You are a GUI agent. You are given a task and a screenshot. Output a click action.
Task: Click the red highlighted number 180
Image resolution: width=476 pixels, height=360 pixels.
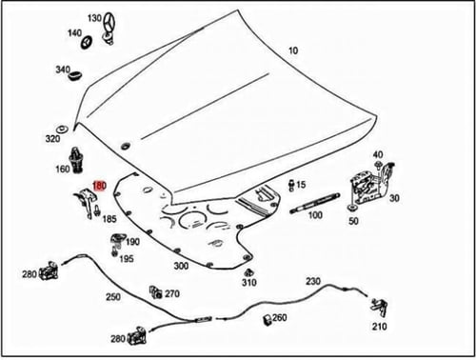pyautogui.click(x=99, y=186)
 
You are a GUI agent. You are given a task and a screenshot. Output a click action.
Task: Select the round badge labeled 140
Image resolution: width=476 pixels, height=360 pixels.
pyautogui.click(x=87, y=42)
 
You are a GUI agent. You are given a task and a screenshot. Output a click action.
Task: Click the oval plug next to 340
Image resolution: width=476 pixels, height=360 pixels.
pyautogui.click(x=75, y=75)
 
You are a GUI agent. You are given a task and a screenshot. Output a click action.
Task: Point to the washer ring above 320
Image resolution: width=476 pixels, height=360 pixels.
pyautogui.click(x=62, y=130)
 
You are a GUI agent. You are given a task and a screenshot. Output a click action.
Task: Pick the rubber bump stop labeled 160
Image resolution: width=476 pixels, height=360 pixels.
pyautogui.click(x=76, y=160)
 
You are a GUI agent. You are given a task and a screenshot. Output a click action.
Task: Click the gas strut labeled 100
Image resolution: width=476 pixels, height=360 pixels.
pyautogui.click(x=314, y=203)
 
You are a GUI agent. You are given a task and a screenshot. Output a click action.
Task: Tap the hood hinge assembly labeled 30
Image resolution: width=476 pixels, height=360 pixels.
pyautogui.click(x=372, y=185)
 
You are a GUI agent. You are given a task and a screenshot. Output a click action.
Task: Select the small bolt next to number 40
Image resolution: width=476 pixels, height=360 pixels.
pyautogui.click(x=378, y=165)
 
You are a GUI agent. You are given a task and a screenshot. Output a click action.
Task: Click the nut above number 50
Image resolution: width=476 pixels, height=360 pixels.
pyautogui.click(x=351, y=208)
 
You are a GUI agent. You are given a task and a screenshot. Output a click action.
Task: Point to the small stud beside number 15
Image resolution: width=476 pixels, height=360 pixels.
pyautogui.click(x=291, y=186)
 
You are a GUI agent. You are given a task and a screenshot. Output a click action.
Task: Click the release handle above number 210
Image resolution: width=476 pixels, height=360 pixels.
pyautogui.click(x=380, y=307)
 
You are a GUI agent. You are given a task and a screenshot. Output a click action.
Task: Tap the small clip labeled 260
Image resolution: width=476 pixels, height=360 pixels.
pyautogui.click(x=268, y=320)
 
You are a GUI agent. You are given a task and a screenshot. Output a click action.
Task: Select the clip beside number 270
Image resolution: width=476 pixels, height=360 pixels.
pyautogui.click(x=155, y=292)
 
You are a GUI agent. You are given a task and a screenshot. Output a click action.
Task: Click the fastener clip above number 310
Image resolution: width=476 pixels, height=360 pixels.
pyautogui.click(x=249, y=272)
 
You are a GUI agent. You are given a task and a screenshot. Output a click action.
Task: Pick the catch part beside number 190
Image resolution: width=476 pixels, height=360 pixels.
pyautogui.click(x=117, y=241)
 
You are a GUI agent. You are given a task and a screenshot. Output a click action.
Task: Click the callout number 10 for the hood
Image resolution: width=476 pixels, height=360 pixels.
pyautogui.click(x=293, y=50)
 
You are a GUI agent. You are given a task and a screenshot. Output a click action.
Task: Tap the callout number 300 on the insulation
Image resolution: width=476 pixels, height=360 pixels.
pyautogui.click(x=181, y=266)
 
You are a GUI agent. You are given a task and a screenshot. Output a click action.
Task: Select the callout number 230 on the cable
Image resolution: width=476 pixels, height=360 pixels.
pyautogui.click(x=313, y=281)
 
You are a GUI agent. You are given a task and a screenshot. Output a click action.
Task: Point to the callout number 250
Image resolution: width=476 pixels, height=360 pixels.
pyautogui.click(x=113, y=297)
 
